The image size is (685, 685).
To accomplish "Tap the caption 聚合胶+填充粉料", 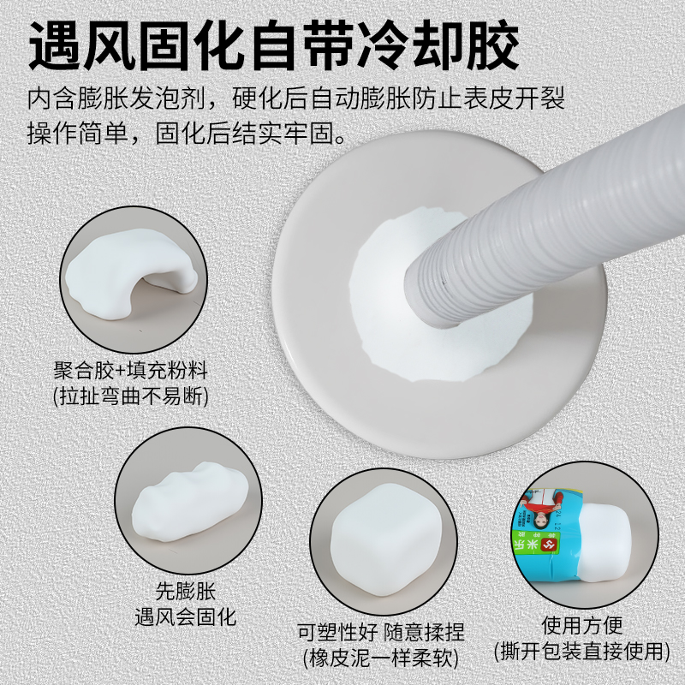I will point(131,372).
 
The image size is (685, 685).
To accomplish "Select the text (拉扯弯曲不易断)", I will point(131,396).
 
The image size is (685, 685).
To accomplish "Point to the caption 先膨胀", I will point(186,591).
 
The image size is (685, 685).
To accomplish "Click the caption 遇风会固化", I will point(186,616).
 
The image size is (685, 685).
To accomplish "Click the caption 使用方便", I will point(582,625).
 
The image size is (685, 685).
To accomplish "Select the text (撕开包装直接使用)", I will point(582,651).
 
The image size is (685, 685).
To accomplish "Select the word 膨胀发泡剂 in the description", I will point(151,97).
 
